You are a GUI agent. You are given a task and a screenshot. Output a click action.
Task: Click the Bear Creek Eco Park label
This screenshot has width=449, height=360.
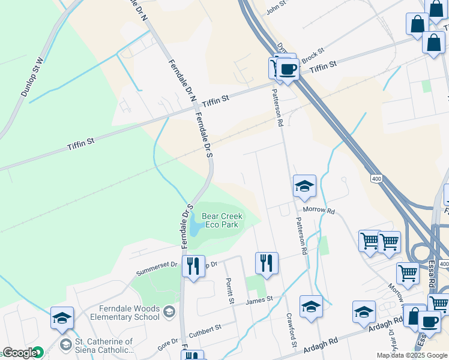pos(221,220)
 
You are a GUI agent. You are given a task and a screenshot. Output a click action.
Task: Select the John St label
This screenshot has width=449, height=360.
pos(277,7)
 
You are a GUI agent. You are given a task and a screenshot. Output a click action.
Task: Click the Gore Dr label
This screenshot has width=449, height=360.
pos(168,343)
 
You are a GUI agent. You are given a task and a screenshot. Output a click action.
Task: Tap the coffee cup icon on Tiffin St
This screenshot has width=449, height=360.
pos(288,70)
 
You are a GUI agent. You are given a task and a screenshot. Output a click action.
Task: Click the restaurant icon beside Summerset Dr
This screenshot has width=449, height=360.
pos(193,266)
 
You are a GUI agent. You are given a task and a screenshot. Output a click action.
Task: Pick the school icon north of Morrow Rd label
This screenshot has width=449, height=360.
pos(304,187)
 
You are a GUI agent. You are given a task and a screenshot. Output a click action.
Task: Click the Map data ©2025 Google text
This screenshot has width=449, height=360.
pos(412,355)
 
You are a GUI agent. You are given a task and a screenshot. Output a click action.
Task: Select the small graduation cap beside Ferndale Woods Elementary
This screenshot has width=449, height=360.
pos(169,310)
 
